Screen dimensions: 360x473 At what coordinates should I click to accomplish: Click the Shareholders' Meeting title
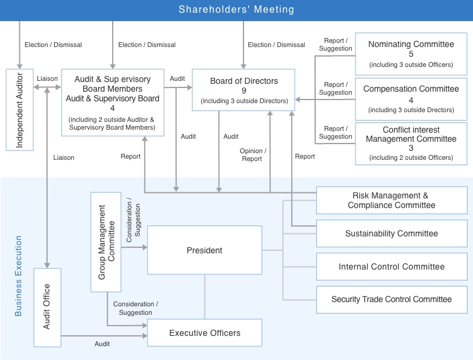point(236,10)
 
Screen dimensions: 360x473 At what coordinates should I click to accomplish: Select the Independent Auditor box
point(19,109)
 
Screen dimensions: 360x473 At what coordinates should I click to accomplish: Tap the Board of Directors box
point(243,90)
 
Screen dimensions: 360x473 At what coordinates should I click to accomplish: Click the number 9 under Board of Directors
point(244,91)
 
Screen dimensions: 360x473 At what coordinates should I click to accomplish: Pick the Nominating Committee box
point(410,54)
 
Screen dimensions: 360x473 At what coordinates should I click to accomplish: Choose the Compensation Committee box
point(410,98)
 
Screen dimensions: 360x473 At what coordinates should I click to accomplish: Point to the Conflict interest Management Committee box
point(410,144)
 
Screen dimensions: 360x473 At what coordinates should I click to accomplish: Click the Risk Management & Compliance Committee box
point(391,200)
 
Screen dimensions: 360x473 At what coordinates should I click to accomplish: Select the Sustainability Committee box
point(391,233)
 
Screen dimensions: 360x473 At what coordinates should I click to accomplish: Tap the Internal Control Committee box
point(391,267)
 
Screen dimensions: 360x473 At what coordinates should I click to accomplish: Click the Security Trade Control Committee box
point(391,299)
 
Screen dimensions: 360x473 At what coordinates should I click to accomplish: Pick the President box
point(204,250)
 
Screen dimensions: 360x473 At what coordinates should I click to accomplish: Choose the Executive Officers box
point(204,333)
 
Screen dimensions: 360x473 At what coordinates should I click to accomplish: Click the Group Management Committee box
point(106,242)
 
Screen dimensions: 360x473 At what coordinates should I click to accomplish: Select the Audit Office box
point(48,306)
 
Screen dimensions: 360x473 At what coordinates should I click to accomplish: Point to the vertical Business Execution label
point(18,276)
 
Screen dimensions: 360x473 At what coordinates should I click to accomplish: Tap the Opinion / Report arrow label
point(252,154)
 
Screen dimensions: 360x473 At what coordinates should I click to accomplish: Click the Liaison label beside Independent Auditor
point(47,78)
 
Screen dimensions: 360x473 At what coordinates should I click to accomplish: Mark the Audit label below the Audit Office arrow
point(102,344)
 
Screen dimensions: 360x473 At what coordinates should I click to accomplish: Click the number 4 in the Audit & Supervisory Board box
point(112,108)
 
